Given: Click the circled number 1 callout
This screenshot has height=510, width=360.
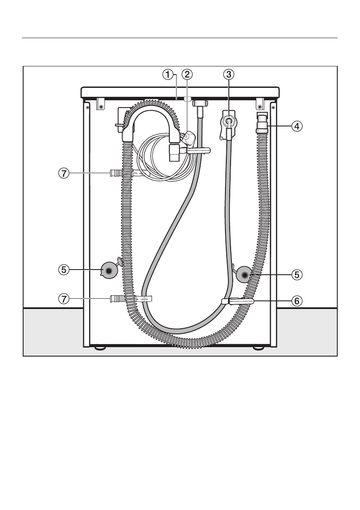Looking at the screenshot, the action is coord(168,75).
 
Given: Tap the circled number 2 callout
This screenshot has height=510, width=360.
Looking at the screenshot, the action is coord(187,75).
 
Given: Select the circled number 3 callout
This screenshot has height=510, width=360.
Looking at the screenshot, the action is coord(228,75).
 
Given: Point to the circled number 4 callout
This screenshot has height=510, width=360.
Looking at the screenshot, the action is coord(297,126).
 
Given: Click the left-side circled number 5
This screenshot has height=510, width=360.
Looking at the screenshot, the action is coord(64,270).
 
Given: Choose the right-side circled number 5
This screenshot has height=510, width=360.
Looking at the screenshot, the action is coord(297,275).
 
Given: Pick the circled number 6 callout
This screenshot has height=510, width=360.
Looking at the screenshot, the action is coord(297,301).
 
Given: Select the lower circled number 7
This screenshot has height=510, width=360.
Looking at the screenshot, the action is coord(64,299).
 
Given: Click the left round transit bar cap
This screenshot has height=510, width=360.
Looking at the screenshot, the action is coord(108,270).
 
